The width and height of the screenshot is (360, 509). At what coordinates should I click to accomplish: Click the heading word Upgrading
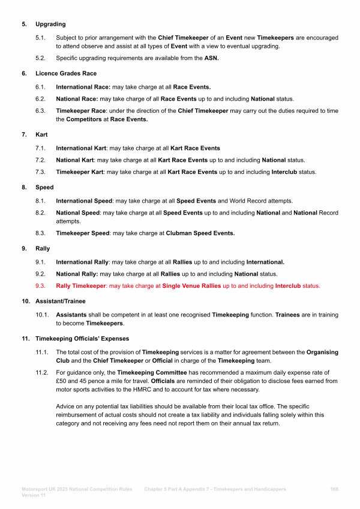click(50, 25)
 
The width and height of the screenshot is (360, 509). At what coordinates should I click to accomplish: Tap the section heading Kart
click(42, 135)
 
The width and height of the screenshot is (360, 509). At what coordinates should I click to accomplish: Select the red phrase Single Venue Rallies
click(191, 286)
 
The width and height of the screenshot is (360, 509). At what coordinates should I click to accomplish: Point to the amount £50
click(62, 381)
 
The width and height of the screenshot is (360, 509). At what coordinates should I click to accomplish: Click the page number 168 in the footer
click(334, 489)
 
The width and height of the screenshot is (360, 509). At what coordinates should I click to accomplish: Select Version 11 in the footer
click(34, 496)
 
